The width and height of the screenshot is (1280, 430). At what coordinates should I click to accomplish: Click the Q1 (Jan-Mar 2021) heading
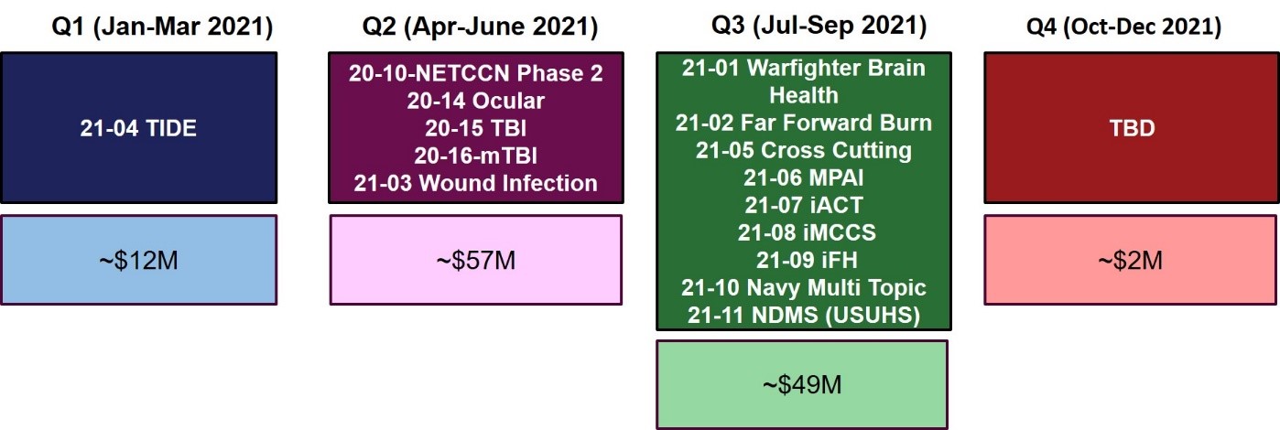tap(162, 27)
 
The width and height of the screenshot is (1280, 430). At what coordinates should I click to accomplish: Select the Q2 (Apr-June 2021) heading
tap(480, 27)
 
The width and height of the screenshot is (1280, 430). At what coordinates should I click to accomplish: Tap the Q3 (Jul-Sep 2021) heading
tap(819, 26)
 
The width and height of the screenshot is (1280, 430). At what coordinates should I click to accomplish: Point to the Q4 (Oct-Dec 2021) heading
tap(1124, 27)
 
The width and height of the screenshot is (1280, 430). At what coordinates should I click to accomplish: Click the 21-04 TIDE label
tap(138, 128)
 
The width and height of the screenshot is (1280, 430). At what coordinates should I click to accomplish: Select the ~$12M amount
tap(138, 261)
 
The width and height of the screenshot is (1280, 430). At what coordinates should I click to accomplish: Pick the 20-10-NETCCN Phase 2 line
tap(475, 73)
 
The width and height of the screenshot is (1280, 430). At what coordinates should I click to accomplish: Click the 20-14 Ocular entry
tap(475, 101)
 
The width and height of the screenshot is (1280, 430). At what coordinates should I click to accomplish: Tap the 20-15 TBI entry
tap(475, 128)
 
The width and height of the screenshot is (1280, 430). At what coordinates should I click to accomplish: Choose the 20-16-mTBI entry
tap(475, 156)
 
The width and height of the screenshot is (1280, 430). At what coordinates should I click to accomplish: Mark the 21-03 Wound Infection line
tap(475, 183)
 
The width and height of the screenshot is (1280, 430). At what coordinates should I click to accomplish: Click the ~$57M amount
tap(475, 261)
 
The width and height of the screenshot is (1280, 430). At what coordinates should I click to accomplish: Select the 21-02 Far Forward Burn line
tap(803, 123)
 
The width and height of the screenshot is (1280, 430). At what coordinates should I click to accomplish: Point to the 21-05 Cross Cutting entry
tap(803, 150)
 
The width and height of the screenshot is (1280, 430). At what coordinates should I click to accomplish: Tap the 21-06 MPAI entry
tap(803, 177)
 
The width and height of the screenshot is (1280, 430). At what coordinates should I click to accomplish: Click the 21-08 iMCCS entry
tap(807, 232)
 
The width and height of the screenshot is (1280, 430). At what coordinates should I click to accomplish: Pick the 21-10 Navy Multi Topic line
tap(803, 288)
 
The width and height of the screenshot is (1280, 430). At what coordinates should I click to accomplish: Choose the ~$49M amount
tap(802, 385)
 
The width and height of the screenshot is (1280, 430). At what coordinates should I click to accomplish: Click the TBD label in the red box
tap(1132, 128)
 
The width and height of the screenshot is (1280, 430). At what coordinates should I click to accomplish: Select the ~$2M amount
tap(1130, 261)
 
